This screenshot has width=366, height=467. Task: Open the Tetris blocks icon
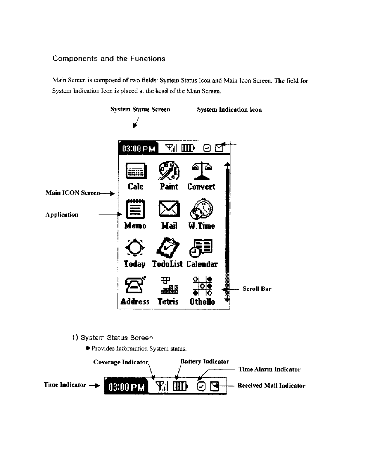[169, 285]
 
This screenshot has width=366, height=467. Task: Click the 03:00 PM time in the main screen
[138, 148]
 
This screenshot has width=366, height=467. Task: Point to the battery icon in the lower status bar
[181, 387]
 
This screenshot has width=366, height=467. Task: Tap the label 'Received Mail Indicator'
[271, 386]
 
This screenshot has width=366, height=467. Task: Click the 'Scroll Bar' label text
[257, 289]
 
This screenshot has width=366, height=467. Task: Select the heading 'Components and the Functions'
[109, 59]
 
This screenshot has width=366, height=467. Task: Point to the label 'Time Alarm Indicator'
[269, 369]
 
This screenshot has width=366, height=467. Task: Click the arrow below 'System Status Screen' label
[136, 123]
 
